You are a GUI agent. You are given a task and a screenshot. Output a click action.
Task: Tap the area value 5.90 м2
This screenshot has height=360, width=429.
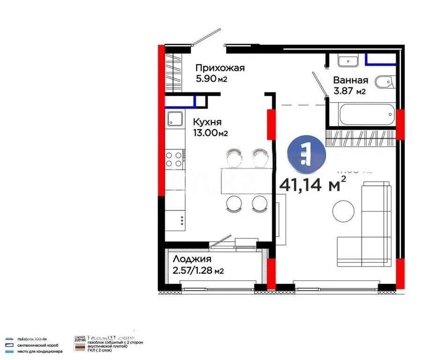point(211,79)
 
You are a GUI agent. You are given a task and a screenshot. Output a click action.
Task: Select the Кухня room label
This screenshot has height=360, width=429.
point(207,123)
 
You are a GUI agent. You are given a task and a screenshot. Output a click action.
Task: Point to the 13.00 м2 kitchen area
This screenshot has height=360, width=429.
point(211,133)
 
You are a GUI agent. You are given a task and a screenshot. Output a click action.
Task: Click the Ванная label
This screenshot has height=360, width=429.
point(350,80)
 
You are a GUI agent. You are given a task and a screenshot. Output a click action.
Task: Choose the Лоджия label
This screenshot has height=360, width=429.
point(192,259)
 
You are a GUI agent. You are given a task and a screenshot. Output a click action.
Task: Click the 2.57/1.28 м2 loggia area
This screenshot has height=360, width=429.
point(198,270)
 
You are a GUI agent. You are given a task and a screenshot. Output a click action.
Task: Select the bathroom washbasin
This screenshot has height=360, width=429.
point(347,60)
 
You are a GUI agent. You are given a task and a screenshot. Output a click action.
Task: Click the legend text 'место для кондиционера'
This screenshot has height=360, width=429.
point(40,351)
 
